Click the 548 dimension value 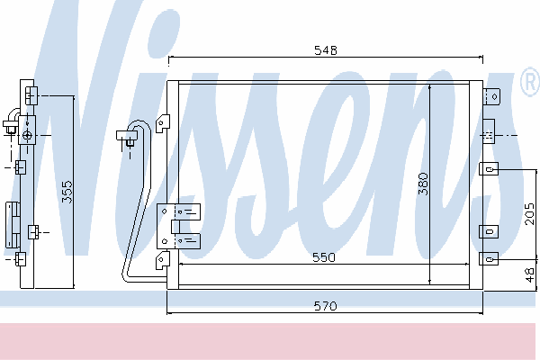326,50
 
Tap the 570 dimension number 325,306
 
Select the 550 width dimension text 323,257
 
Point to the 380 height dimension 423,184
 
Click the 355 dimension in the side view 67,192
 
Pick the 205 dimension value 530,214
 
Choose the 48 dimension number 530,274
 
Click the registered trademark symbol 530,82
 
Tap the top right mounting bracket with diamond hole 491,96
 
